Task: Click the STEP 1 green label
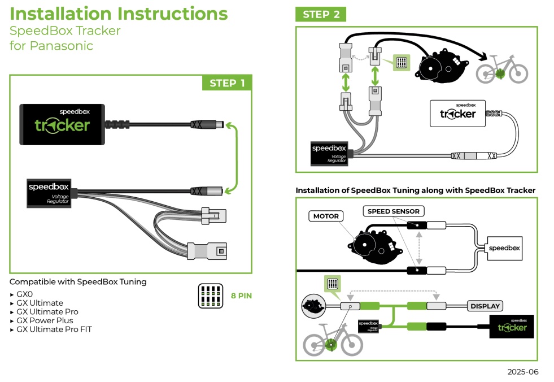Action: (227, 83)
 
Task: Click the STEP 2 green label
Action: (321, 15)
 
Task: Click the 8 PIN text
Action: (241, 295)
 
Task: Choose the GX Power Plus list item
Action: (45, 320)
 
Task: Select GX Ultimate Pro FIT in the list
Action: (54, 329)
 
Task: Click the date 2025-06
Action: (522, 372)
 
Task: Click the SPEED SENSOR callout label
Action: (394, 211)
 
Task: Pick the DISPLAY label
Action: (485, 306)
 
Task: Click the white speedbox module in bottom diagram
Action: (503, 248)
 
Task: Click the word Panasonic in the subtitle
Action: (51, 46)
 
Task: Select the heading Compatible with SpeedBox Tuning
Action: (78, 281)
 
